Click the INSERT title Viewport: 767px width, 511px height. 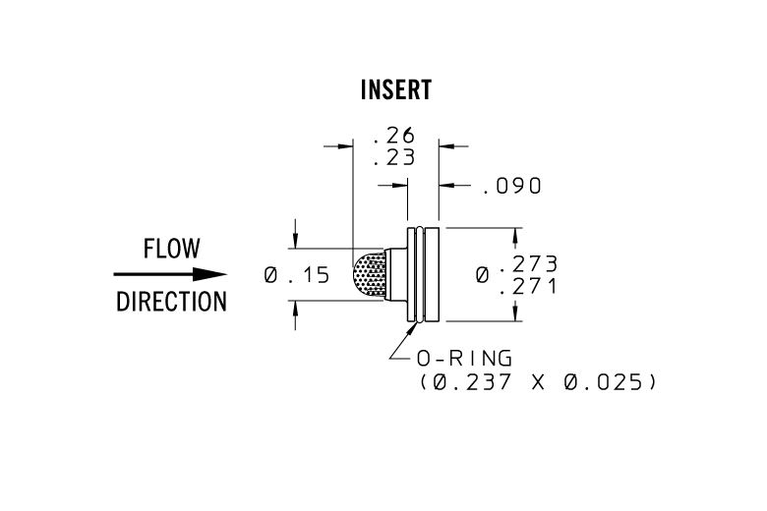(x=396, y=90)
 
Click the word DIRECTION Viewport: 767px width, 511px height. (x=171, y=302)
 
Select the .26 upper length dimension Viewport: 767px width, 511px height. (x=395, y=135)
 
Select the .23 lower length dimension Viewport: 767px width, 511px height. (x=395, y=157)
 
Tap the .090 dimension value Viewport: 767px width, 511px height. (x=512, y=186)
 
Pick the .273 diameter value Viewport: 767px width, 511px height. (x=529, y=263)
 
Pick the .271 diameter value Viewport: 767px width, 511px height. (x=529, y=286)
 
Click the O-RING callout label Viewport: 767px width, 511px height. (x=460, y=359)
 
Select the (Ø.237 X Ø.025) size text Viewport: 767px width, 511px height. (x=531, y=381)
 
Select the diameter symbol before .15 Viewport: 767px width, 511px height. (x=270, y=276)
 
